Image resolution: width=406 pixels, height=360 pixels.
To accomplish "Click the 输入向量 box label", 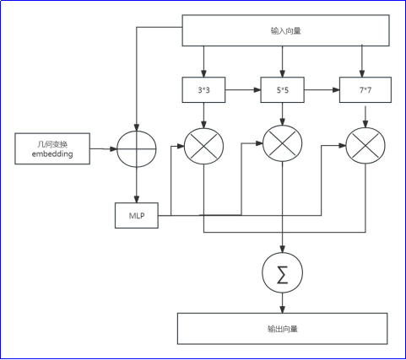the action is [x=286, y=30].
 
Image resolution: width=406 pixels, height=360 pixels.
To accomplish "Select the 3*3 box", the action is [x=203, y=90].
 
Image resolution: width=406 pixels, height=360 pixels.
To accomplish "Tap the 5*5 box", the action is [x=283, y=90].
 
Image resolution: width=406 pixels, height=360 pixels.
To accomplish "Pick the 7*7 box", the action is [x=365, y=90].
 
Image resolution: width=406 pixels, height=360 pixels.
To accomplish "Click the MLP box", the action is [x=137, y=216].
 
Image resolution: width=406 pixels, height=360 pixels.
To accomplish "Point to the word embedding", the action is [x=52, y=153].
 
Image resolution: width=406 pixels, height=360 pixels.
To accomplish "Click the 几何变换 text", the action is [x=52, y=144].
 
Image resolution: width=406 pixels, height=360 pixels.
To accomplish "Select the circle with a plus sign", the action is [x=137, y=149].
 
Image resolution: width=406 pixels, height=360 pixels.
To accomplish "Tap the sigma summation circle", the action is [x=283, y=272].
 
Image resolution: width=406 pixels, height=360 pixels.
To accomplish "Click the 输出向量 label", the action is [x=283, y=329].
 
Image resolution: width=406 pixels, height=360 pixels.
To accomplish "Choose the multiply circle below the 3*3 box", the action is [x=203, y=146].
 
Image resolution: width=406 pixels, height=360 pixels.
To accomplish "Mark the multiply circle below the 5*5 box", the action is [x=283, y=143].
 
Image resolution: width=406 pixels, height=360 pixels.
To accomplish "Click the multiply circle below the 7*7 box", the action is [x=365, y=146].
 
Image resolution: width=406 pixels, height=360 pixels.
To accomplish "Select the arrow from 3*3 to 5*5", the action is [x=243, y=90].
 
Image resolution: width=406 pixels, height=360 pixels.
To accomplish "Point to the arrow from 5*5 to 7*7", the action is [x=322, y=90].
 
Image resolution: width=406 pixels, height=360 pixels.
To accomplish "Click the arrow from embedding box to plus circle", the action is [x=103, y=149].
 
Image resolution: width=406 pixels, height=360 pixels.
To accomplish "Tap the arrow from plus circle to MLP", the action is [x=137, y=185].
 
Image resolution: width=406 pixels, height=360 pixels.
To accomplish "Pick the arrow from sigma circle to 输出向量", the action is [x=283, y=303].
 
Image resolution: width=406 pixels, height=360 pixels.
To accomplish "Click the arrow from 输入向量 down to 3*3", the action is [x=203, y=62].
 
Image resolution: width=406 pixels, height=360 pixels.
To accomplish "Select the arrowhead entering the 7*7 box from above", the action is [x=362, y=73].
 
